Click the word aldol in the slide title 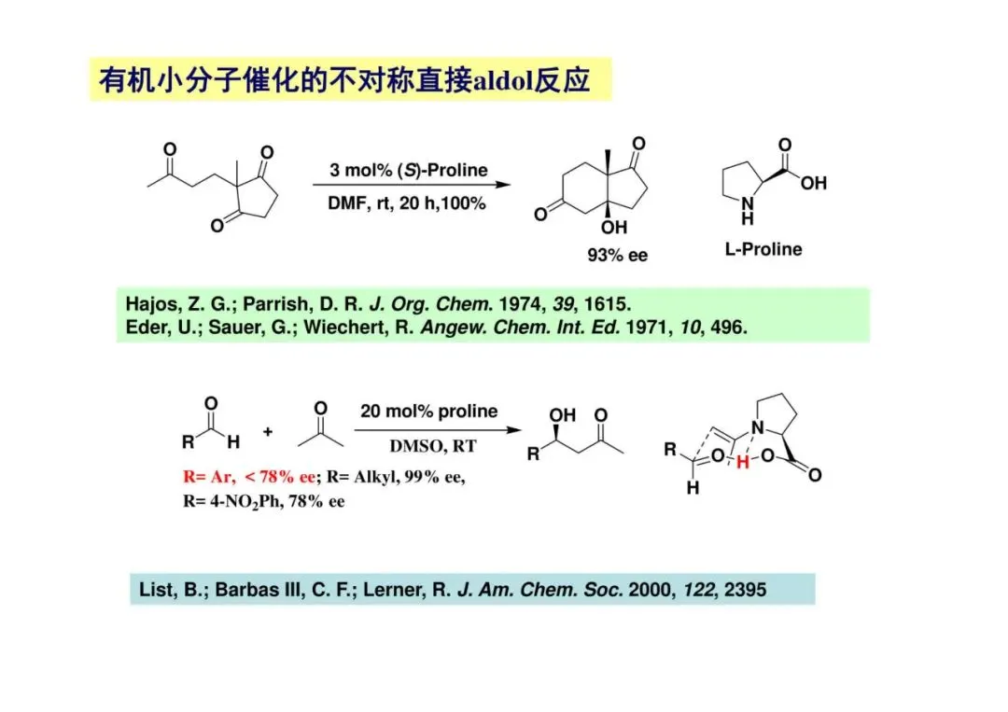point(501,81)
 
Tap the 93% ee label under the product point(617,255)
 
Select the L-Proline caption point(763,249)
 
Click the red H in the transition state point(742,462)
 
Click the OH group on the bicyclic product point(615,227)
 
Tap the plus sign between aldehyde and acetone point(268,432)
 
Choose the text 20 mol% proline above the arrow point(429,412)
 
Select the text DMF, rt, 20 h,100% point(407,203)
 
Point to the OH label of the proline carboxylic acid point(813,183)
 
